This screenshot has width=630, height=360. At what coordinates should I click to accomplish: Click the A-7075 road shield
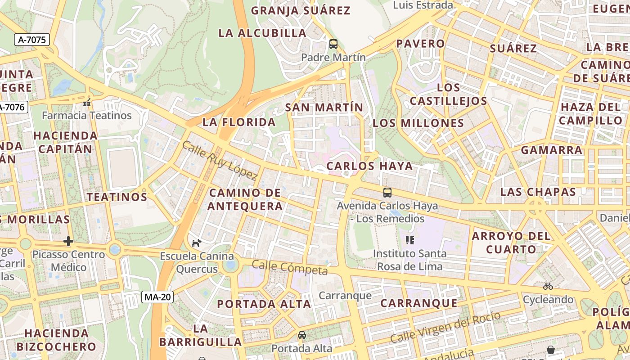31,40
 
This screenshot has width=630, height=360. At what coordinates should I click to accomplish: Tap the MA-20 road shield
157,297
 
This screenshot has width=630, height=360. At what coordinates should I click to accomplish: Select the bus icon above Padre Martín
333,44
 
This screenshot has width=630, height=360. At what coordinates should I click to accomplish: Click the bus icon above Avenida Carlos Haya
387,193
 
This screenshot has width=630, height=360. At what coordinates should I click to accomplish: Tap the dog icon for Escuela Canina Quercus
196,243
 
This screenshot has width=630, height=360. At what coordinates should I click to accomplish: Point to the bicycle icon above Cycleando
548,286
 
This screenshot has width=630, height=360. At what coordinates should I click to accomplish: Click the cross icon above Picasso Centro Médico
68,241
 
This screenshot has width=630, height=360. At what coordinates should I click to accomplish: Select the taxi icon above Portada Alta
302,335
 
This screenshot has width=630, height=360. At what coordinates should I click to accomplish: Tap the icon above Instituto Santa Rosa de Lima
409,240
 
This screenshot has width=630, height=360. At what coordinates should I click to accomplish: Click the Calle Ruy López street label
220,161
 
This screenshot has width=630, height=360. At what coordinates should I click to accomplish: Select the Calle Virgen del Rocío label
445,327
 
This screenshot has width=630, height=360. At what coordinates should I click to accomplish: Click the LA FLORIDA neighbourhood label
239,122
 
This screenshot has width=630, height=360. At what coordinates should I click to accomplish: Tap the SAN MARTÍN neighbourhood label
324,107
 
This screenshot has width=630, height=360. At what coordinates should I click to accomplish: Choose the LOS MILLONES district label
418,123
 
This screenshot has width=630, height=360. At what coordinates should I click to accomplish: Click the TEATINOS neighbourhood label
117,197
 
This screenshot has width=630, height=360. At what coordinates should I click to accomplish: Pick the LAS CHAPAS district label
538,192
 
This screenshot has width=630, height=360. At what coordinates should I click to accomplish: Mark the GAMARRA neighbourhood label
552,150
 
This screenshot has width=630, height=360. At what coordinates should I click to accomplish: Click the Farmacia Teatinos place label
87,115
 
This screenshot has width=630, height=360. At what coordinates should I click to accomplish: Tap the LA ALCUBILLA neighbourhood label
262,33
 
